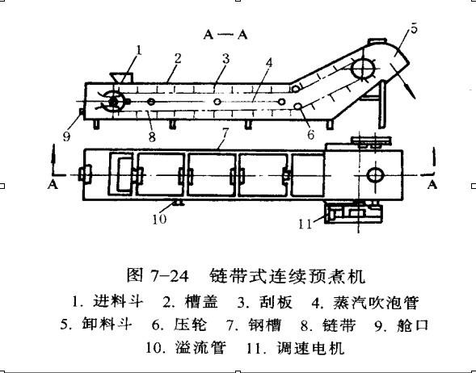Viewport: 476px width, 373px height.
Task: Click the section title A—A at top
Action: [225, 35]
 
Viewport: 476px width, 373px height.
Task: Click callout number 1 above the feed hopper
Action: [139, 50]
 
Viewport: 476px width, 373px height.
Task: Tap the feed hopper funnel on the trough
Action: [121, 78]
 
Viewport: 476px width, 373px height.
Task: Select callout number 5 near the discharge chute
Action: [414, 28]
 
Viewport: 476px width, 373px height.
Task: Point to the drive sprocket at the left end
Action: [113, 102]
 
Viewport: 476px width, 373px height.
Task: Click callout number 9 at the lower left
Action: [66, 136]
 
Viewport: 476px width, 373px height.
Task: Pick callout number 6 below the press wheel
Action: [310, 134]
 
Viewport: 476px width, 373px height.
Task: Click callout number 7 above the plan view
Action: [225, 133]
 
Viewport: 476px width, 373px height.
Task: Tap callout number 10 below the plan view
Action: [160, 219]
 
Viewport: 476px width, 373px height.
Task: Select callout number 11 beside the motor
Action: [305, 224]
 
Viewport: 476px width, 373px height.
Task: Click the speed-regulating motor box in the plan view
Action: [353, 213]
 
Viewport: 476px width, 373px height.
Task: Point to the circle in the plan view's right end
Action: [375, 175]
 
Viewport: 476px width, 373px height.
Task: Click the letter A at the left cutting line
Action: [53, 184]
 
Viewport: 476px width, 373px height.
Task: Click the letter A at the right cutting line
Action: [432, 184]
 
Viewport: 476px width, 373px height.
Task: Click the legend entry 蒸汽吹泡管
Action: [376, 303]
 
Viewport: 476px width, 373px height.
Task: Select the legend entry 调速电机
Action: [310, 348]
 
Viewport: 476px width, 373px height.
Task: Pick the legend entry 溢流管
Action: [200, 348]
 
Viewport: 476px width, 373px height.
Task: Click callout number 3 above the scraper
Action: [225, 58]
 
